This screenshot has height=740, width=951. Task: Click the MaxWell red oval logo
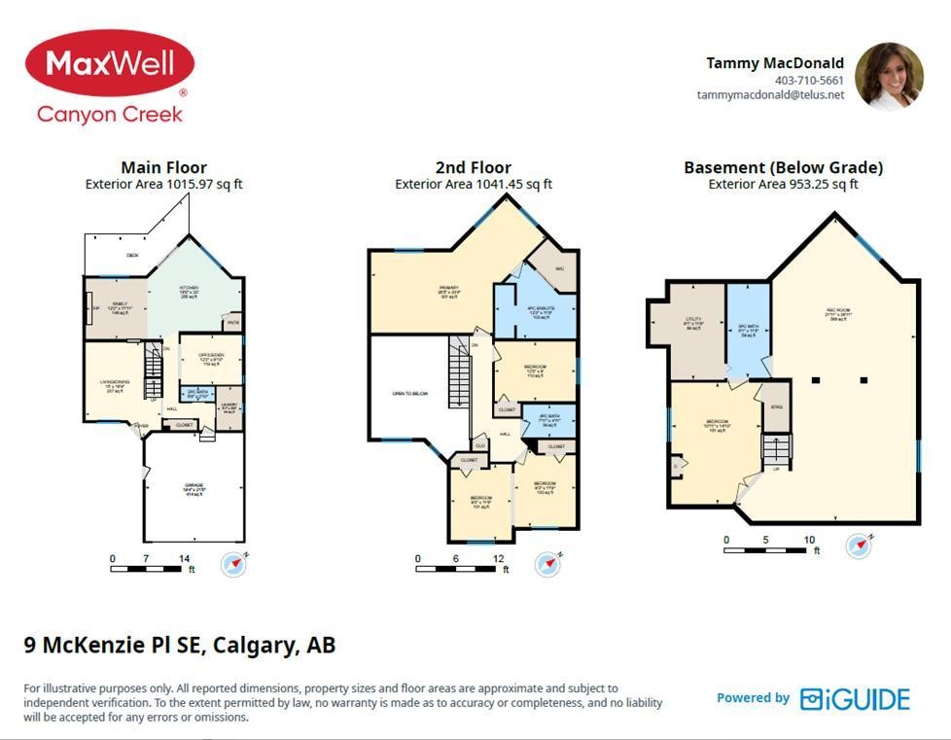pyautogui.click(x=109, y=63)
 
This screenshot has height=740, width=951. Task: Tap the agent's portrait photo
pyautogui.click(x=889, y=75)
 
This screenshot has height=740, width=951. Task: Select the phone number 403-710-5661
pyautogui.click(x=809, y=81)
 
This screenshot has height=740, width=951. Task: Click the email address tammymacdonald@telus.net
pyautogui.click(x=770, y=95)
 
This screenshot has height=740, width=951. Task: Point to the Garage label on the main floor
pyautogui.click(x=194, y=487)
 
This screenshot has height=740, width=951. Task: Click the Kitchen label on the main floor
pyautogui.click(x=189, y=290)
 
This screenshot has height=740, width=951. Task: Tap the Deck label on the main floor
pyautogui.click(x=132, y=256)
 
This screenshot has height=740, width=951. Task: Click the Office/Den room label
pyautogui.click(x=211, y=357)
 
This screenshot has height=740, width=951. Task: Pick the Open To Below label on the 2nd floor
pyautogui.click(x=410, y=394)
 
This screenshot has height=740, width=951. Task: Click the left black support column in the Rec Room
pyautogui.click(x=818, y=380)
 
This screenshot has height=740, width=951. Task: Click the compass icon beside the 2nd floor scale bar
pyautogui.click(x=547, y=563)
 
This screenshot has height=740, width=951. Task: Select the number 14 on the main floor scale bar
pyautogui.click(x=185, y=558)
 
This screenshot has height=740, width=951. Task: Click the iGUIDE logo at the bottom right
pyautogui.click(x=855, y=699)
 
